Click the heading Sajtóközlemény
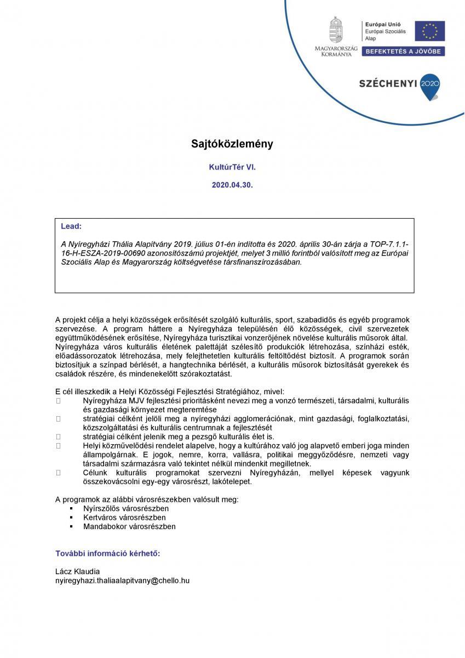pyautogui.click(x=232, y=144)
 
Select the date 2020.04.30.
pyautogui.click(x=232, y=185)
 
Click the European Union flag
pyautogui.click(x=429, y=31)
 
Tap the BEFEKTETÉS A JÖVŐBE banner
pyautogui.click(x=404, y=51)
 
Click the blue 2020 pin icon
pyautogui.click(x=430, y=86)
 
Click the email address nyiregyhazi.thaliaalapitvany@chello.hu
pyautogui.click(x=122, y=580)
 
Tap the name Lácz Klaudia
pyautogui.click(x=78, y=571)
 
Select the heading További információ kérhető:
pyautogui.click(x=108, y=553)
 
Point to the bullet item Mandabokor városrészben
pyautogui.click(x=129, y=526)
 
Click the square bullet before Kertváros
pyautogui.click(x=71, y=518)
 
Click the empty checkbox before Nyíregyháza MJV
pyautogui.click(x=58, y=401)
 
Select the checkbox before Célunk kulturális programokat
pyautogui.click(x=58, y=472)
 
